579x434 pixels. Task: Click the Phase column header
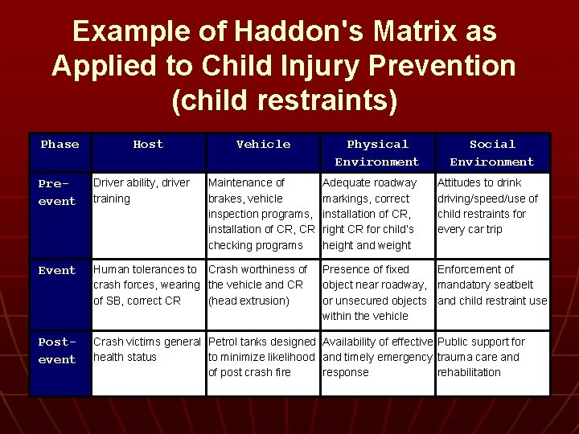coord(60,145)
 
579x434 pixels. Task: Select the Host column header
coord(148,145)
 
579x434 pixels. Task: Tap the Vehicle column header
coord(263,145)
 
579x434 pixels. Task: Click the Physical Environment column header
coord(377,153)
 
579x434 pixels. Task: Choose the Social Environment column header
coord(492,153)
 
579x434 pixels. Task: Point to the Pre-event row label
coord(57,192)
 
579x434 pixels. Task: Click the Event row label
coord(57,271)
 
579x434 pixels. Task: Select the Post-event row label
coord(57,350)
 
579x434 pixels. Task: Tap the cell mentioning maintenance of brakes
coord(261,214)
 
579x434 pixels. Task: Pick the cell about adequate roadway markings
coord(376,214)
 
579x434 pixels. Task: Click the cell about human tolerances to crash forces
coord(147,285)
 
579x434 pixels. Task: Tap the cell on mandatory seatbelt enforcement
coord(491,285)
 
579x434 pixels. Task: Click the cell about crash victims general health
coord(147,350)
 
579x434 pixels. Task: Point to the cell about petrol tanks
coord(261,357)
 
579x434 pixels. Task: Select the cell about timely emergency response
coord(377,357)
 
